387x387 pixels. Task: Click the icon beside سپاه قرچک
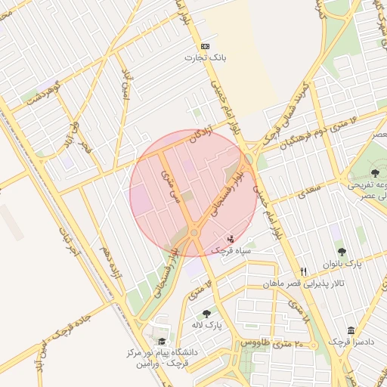[231, 239]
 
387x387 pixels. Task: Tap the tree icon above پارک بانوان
[342, 252]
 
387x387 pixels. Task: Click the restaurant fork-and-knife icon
[303, 271]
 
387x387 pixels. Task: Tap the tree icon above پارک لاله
[206, 313]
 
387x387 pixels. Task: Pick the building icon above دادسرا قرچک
[351, 330]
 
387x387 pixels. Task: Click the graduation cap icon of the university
[161, 342]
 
